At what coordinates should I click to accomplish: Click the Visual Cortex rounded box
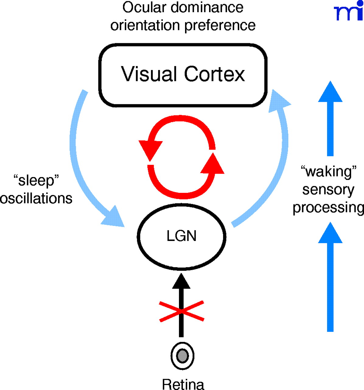pos(183,75)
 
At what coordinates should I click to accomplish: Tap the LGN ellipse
pos(182,236)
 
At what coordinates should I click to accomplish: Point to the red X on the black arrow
pos(182,311)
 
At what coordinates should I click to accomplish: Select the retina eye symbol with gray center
pos(182,356)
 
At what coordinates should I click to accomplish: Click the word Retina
pos(183,384)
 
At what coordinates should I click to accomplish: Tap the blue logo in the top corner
pos(348,12)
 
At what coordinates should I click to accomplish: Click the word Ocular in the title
pos(145,8)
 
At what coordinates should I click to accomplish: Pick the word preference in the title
pos(220,26)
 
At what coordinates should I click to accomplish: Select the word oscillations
pos(36,198)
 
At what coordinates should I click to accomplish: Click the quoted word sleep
pos(36,180)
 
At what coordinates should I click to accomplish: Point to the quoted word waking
pos(328,172)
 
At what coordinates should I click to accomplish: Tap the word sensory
pos(328,190)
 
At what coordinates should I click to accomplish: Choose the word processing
pos(328,208)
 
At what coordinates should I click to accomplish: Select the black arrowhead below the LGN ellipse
pos(181,281)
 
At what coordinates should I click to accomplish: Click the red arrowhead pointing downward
pos(150,149)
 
